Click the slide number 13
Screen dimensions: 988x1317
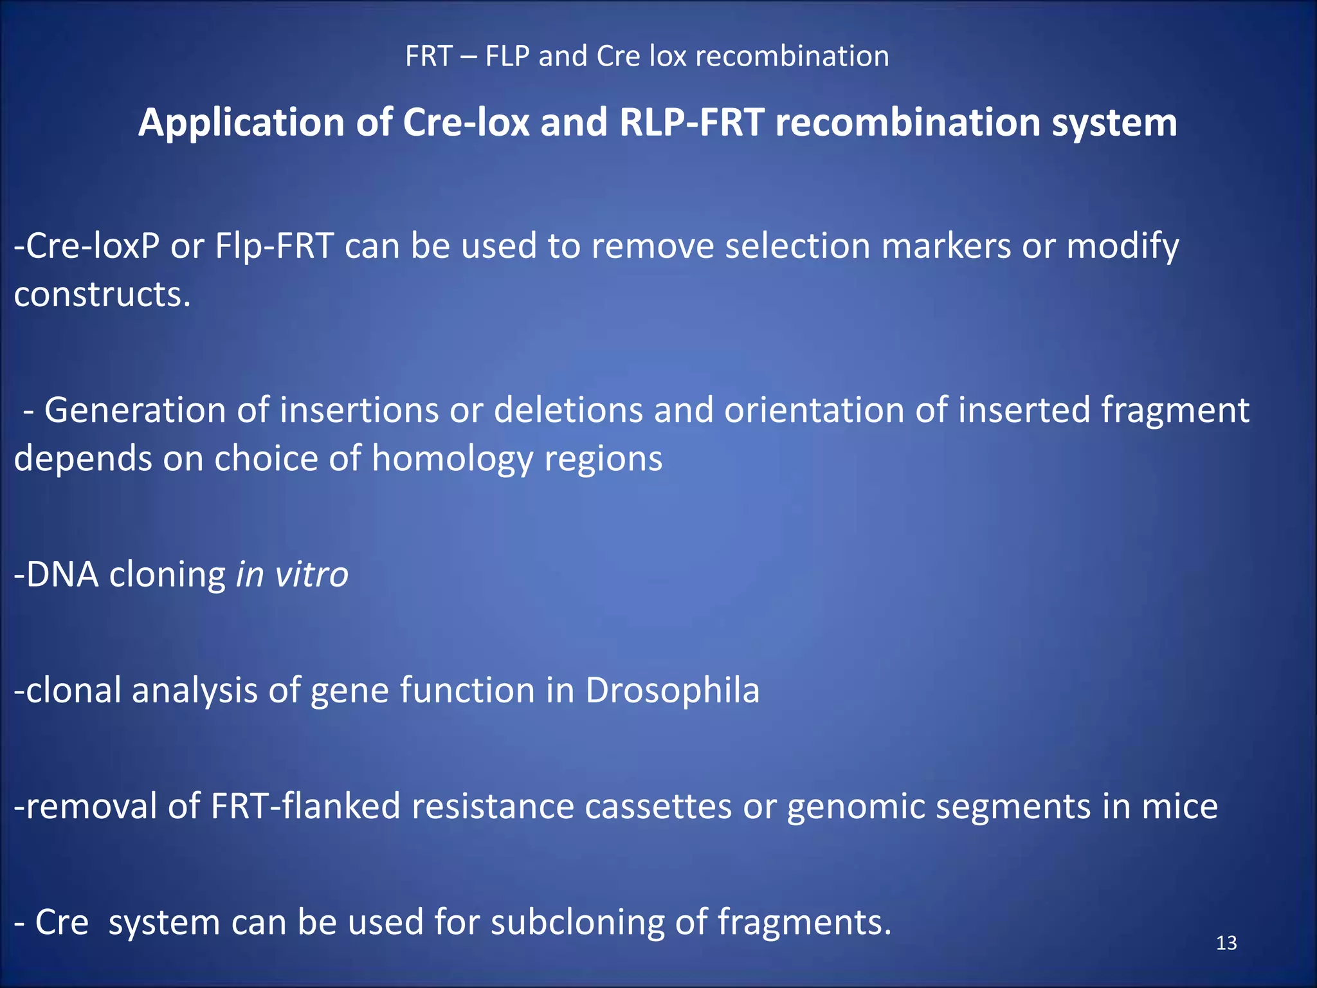[x=1226, y=943]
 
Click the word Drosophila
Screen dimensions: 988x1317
[x=672, y=690]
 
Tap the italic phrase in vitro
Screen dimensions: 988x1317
[x=292, y=574]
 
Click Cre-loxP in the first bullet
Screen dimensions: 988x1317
[x=87, y=246]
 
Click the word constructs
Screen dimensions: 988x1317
[x=102, y=295]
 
